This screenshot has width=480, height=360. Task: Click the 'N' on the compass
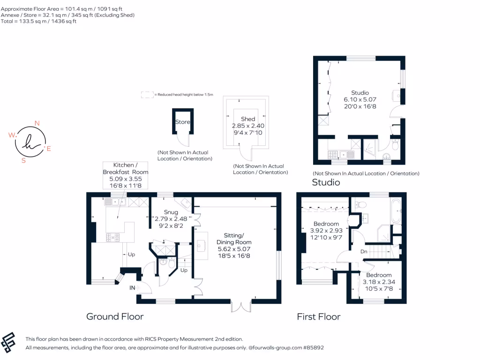coord(37,123)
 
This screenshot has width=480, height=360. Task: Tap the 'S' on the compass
coord(23,160)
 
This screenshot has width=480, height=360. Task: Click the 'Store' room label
coord(182,122)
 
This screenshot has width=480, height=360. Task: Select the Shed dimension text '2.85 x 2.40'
coord(248,126)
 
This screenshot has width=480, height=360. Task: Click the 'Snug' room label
coord(171,212)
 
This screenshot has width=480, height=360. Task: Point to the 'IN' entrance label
coord(132,288)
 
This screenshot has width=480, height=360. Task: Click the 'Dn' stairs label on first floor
coord(364,252)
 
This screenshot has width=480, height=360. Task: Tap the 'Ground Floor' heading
coord(115,316)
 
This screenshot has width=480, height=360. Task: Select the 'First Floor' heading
coord(319,316)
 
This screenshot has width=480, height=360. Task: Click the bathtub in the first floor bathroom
coord(396,211)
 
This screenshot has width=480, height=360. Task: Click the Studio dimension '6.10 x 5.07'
coord(360,99)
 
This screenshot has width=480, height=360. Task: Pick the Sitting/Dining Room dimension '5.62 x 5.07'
coord(234,249)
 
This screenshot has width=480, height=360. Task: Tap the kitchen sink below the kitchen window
coord(115,202)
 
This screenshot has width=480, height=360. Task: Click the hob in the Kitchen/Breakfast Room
coord(112,238)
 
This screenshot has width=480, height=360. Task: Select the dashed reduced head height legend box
coord(147,95)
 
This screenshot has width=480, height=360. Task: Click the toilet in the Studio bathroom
coord(395,144)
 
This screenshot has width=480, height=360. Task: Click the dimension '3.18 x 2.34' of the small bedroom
coord(379,282)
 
